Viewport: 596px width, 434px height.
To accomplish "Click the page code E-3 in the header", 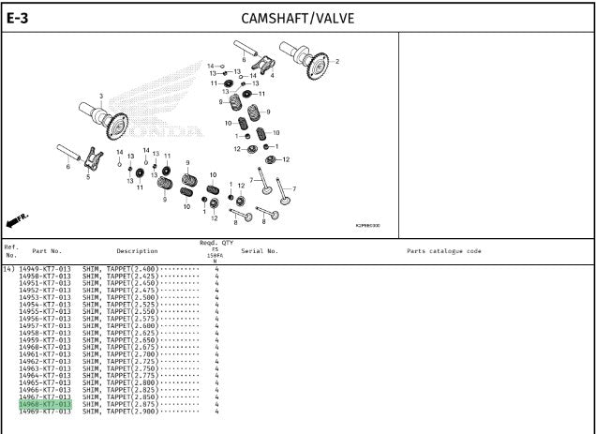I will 18,17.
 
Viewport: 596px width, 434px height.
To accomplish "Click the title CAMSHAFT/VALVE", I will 297,18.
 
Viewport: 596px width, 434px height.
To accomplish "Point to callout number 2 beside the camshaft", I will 337,62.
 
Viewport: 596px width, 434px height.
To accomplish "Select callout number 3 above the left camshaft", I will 101,97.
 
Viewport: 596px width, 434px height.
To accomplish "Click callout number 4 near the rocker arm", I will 272,76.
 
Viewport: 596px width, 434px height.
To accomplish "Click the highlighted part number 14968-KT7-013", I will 44,404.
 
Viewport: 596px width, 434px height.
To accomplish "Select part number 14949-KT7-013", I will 44,269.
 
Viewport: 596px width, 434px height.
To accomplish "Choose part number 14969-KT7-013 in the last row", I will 44,412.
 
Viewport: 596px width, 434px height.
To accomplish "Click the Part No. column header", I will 47,251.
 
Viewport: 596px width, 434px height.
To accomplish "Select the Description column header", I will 137,251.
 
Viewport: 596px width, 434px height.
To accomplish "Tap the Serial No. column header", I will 260,251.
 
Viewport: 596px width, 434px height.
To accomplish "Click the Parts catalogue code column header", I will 443,251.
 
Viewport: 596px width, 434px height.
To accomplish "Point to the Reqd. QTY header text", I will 216,243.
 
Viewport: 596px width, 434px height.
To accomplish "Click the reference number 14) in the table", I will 8,269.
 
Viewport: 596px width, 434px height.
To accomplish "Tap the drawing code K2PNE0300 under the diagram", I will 367,225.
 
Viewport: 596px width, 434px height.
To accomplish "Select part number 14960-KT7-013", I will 44,348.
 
